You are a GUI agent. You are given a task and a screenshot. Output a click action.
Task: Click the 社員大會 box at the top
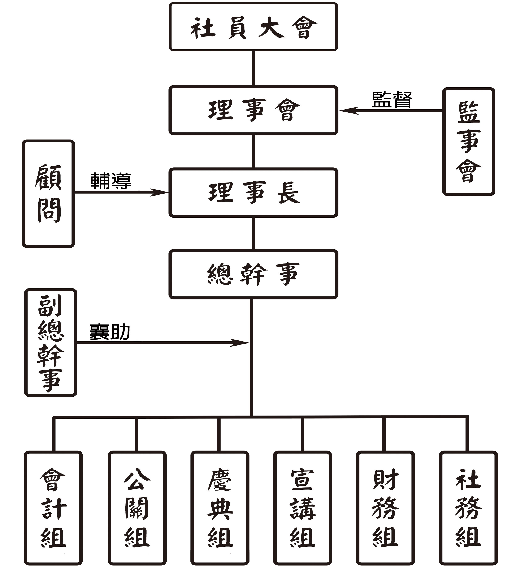(x=253, y=27)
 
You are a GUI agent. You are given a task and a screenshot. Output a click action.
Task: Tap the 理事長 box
(x=253, y=193)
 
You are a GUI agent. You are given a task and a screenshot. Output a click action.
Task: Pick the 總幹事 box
(x=253, y=274)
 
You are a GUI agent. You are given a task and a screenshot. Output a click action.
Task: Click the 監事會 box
(x=469, y=141)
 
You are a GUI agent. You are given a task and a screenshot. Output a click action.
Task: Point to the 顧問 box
(x=48, y=194)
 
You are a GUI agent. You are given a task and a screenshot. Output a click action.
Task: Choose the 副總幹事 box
(x=51, y=342)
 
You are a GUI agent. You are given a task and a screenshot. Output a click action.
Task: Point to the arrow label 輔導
(x=110, y=181)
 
